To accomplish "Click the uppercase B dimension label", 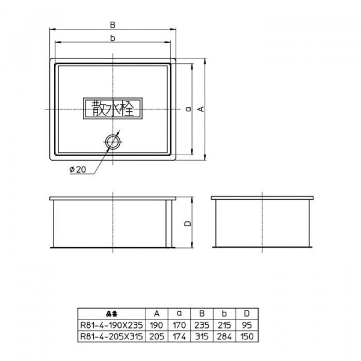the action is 113,25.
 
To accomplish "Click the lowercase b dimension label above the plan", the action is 113,38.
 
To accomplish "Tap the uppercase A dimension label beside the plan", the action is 201,109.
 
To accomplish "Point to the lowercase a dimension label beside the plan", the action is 188,109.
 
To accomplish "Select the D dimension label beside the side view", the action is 188,223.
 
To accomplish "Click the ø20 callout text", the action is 78,170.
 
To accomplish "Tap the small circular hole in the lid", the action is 113,142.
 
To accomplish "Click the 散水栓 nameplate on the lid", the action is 113,109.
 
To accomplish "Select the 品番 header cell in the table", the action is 112,313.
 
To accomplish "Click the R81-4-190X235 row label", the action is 112,325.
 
